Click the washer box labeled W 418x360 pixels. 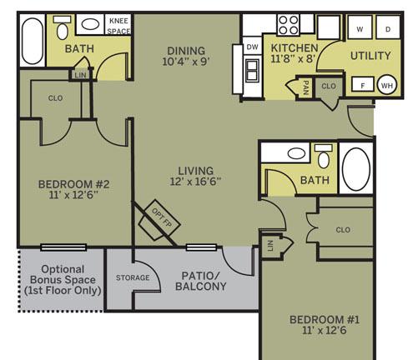[360, 27]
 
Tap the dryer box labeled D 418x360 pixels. [388, 27]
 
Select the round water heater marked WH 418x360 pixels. [387, 85]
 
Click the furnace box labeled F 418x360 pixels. [363, 84]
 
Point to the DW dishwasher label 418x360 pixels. [252, 47]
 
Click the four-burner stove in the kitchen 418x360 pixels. [289, 25]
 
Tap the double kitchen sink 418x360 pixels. [252, 70]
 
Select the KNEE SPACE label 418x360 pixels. [118, 26]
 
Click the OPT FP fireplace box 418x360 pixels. [159, 220]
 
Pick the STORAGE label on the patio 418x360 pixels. [133, 277]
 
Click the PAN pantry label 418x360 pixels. [305, 87]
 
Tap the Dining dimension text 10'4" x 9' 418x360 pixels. [186, 62]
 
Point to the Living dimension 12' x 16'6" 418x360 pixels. [195, 182]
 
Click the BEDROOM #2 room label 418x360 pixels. [73, 184]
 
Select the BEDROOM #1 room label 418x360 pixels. [325, 320]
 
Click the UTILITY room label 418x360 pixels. [370, 56]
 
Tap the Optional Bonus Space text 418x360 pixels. [63, 280]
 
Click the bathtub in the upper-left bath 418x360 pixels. [33, 41]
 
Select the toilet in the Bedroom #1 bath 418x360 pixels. [324, 157]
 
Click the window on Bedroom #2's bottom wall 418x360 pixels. [63, 247]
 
